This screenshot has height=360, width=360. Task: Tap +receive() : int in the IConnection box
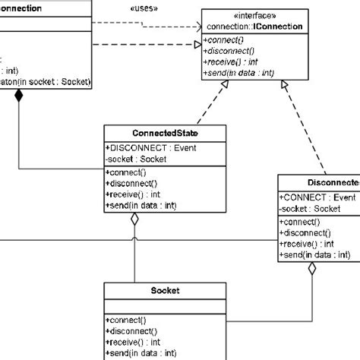(x=232, y=62)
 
